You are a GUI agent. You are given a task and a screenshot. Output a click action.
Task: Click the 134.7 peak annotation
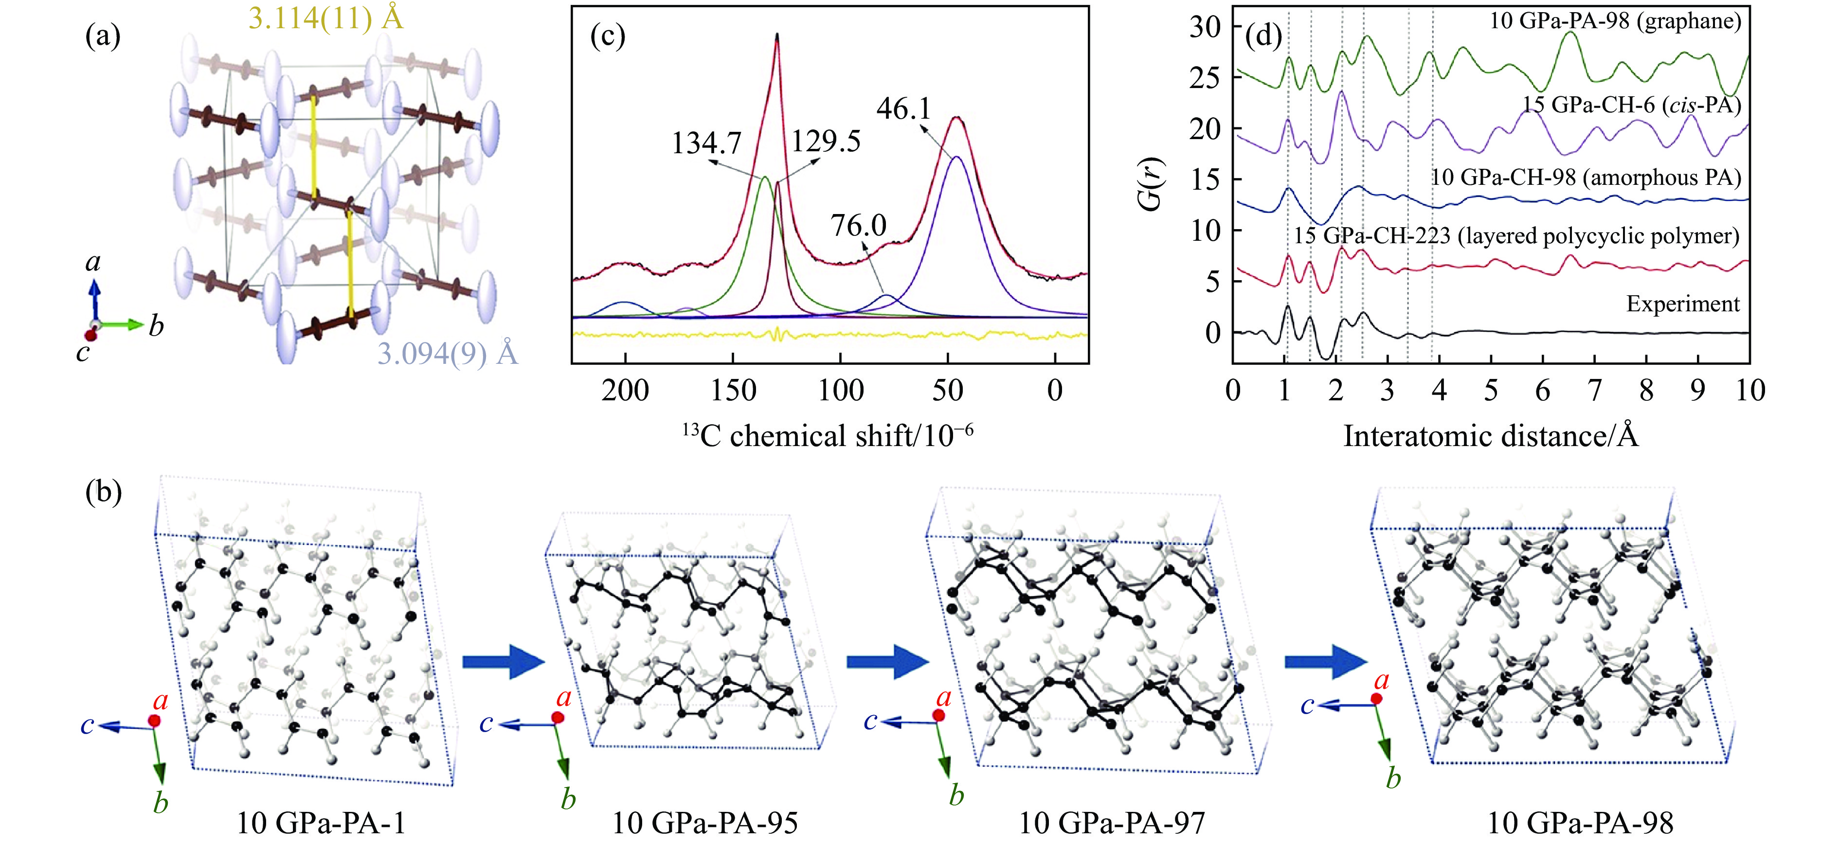[706, 143]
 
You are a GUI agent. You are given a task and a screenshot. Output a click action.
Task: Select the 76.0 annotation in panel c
[858, 226]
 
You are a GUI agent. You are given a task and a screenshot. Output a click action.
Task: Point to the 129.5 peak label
[825, 142]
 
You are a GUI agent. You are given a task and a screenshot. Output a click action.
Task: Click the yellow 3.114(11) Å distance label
[325, 18]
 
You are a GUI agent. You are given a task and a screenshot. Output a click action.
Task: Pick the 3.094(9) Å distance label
[447, 353]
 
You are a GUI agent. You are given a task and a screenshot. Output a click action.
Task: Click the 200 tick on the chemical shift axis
[625, 391]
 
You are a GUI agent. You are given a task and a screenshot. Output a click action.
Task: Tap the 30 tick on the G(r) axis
[1205, 27]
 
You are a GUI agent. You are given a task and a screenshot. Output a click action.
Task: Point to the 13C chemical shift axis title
[828, 435]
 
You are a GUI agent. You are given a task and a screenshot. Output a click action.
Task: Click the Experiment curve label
[1683, 304]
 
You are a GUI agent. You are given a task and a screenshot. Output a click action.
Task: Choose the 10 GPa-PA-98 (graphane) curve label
[1615, 21]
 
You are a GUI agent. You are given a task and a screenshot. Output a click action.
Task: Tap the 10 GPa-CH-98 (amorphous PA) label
[1586, 177]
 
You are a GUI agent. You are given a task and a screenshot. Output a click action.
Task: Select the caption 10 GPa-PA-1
[321, 823]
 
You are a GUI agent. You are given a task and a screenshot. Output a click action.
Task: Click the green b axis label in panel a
[156, 326]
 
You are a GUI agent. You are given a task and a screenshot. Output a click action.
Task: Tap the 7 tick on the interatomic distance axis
[1594, 391]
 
